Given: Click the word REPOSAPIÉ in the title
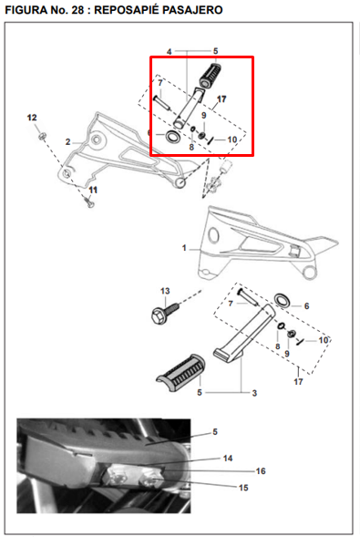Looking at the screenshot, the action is [126, 10].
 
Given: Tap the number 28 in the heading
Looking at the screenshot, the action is [77, 10].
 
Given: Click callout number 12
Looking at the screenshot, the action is [32, 118].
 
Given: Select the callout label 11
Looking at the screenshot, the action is [93, 190].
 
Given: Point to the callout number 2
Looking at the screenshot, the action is [67, 142].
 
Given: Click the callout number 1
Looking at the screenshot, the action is [184, 248].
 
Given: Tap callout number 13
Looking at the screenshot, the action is [165, 291].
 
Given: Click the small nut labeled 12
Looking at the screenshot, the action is [42, 137].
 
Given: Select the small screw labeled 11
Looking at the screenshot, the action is [89, 202].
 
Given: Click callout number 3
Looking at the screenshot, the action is [254, 393].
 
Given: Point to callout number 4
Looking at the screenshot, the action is [169, 52].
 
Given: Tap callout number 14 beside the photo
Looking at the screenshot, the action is [228, 459].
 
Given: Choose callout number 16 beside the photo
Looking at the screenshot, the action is [261, 471].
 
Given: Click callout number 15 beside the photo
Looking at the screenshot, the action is [243, 488].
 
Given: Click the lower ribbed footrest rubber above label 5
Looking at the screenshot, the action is [180, 370].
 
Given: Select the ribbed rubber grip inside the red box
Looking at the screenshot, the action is [211, 76].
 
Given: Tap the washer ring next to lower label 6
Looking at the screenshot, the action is [283, 300].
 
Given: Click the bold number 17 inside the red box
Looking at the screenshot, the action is [221, 99].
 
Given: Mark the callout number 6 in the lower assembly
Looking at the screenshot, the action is [306, 305].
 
